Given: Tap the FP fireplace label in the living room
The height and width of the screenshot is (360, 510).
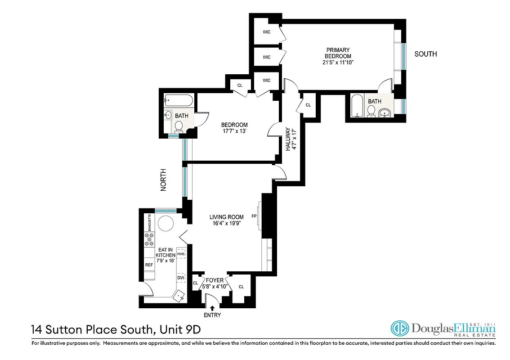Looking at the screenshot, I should tap(254, 216).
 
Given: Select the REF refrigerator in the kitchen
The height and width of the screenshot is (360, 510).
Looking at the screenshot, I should tap(149, 265).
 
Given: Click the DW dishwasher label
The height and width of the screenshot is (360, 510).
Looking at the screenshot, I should tap(181, 278).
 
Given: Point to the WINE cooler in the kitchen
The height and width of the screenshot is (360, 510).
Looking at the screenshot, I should tap(181, 254).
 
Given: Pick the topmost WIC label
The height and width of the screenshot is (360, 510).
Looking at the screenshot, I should tap(267, 32).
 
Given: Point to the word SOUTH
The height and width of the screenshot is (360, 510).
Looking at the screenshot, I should tap(425, 54).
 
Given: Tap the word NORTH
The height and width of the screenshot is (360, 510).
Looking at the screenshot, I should tap(164, 180).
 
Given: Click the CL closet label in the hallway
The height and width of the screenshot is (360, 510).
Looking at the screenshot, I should tap(308, 105).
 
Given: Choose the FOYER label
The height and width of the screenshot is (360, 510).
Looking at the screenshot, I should tap(215, 280).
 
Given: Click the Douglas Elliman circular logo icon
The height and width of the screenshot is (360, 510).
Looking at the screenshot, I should tap(399, 329).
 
